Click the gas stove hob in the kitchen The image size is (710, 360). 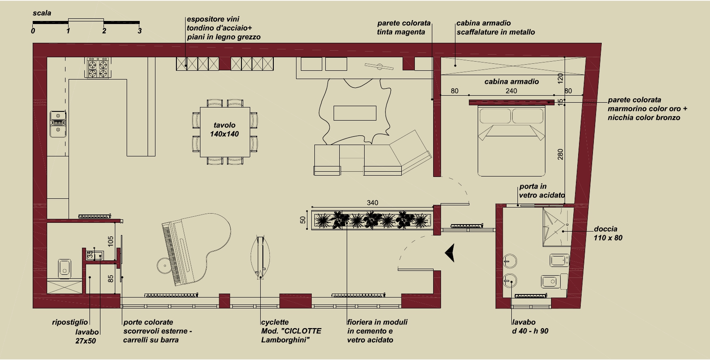coord(98,68)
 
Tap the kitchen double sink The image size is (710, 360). coord(59,124)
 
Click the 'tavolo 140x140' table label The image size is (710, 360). coord(224,129)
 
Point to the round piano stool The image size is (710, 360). coord(165,266)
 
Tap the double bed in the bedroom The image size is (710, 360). coord(511,141)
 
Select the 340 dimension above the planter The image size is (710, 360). coord(372,203)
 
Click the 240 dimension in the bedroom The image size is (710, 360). coord(511,91)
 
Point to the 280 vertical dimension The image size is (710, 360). coord(560,154)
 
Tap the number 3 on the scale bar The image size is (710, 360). coord(139,31)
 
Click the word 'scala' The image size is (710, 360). coord(42,13)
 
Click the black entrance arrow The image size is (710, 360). coord(450,253)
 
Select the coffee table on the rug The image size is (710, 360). coord(355,113)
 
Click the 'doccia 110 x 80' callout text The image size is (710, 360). coord(608,233)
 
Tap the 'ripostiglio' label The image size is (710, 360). coord(70,322)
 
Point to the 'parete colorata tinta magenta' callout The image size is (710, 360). coord(404,28)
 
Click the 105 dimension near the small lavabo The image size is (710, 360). coord(110,241)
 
